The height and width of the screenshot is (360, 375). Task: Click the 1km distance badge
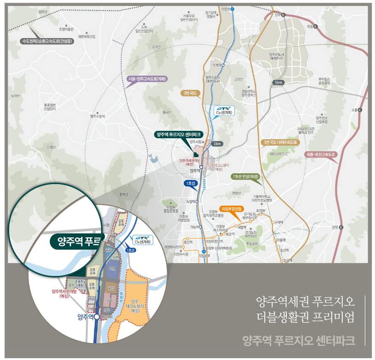[x=217, y=144]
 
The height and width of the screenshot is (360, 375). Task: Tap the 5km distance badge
[x=278, y=82]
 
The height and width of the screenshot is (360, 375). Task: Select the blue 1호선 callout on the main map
[x=190, y=184]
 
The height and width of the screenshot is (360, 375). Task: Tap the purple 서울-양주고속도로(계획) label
[x=147, y=79]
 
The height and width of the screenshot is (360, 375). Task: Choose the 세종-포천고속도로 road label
[x=322, y=155]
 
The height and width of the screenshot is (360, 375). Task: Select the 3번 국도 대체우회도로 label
[x=280, y=142]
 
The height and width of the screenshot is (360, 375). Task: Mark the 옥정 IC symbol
[x=316, y=27]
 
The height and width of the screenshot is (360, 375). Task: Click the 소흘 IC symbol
[x=360, y=110]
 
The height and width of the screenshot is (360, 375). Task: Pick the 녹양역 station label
[x=191, y=201]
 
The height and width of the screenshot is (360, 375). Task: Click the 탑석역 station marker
[x=282, y=261]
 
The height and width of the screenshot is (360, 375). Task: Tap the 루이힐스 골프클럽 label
[x=324, y=81]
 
